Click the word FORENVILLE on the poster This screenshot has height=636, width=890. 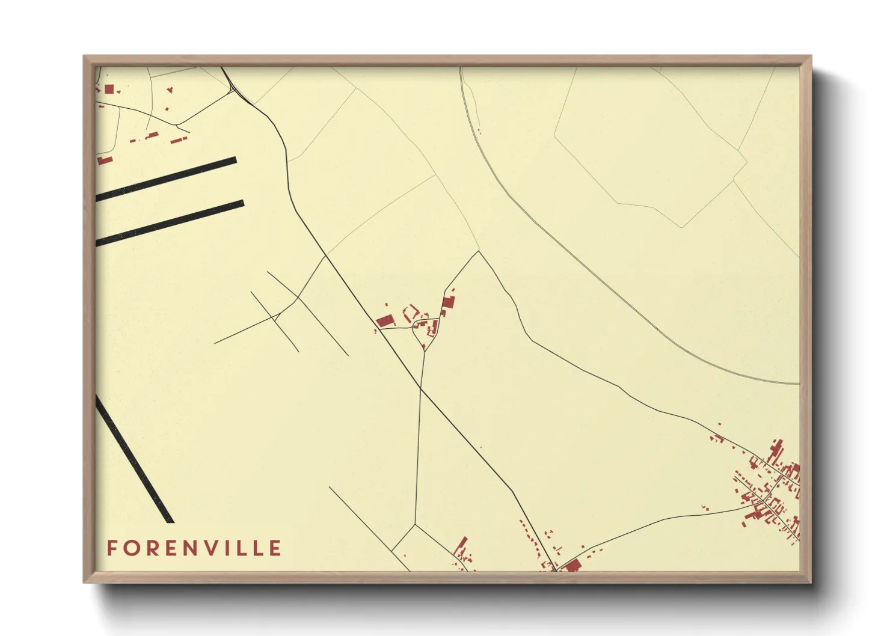coord(194,548)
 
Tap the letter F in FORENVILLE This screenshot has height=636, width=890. coord(111,548)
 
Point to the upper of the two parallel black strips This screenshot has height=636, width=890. coord(166,179)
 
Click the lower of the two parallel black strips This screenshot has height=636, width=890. coord(170,222)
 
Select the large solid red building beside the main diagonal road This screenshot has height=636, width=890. coord(384,321)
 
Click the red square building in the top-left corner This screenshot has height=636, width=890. coord(109,89)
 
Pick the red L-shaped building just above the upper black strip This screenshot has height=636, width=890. coord(105,161)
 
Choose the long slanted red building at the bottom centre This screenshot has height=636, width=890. coord(461,548)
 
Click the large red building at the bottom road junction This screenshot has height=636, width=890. coord(571,565)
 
